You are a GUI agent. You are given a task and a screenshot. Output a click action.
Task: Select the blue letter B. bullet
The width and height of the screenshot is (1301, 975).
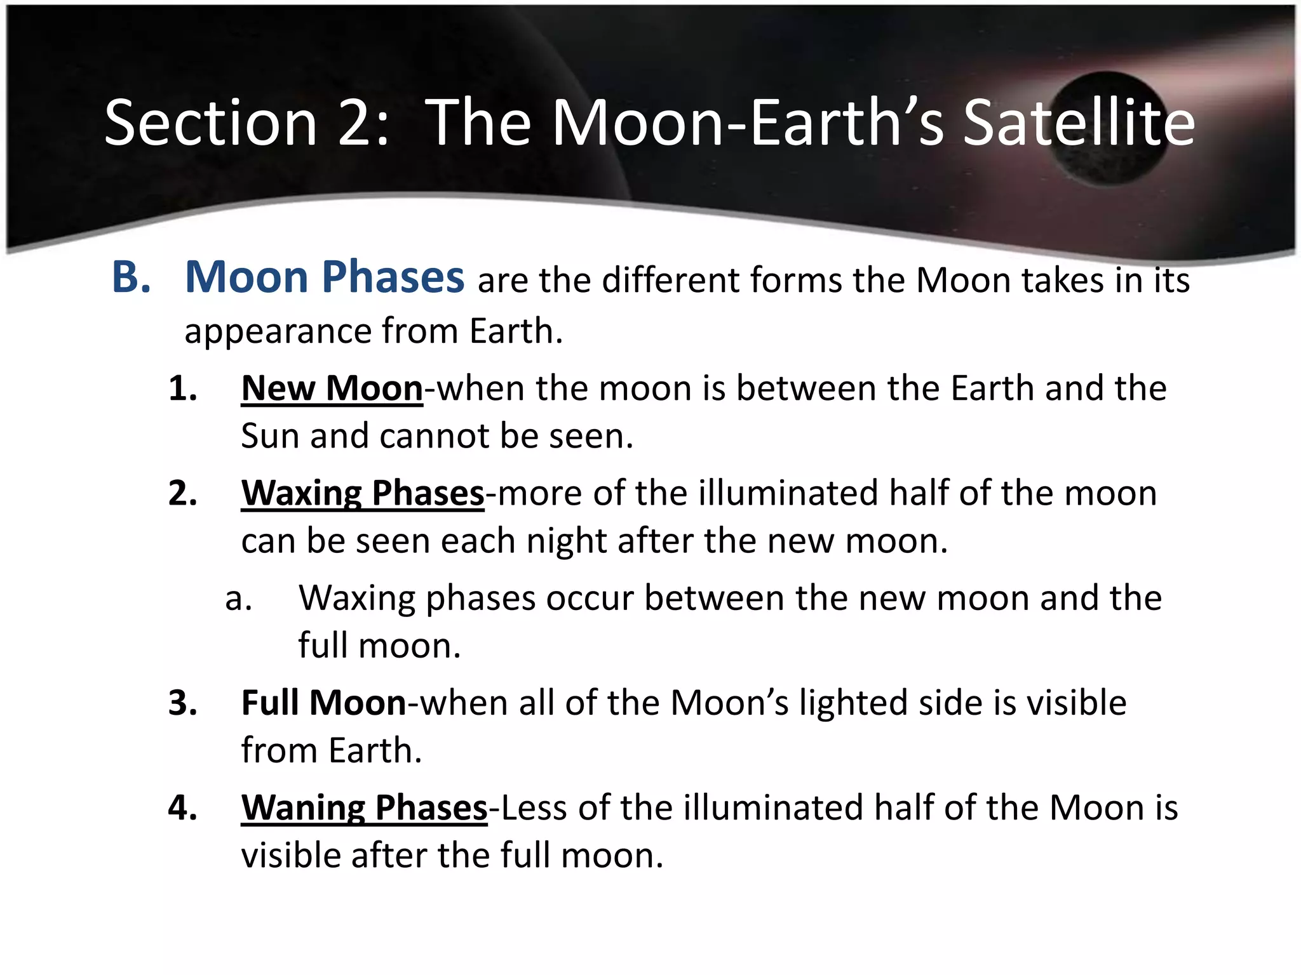pos(131,277)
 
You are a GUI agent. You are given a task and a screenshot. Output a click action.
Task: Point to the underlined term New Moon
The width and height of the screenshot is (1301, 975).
pos(332,388)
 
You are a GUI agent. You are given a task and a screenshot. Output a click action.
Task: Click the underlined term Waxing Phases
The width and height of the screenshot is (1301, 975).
pos(363,493)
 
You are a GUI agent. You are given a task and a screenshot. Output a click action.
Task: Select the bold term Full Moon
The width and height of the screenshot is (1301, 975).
pos(323,703)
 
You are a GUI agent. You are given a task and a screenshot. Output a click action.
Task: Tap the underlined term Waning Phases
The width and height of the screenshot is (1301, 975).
pos(364,807)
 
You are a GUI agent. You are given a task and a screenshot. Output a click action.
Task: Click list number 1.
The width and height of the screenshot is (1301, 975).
pos(182,388)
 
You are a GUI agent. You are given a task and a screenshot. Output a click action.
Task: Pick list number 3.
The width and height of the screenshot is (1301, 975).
pos(182,703)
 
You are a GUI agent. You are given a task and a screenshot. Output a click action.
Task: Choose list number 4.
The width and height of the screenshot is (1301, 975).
pos(182,807)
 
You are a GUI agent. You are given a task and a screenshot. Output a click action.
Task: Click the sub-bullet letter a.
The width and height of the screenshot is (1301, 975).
pos(239,599)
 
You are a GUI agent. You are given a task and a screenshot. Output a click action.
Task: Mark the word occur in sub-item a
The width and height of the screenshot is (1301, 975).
pos(590,599)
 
